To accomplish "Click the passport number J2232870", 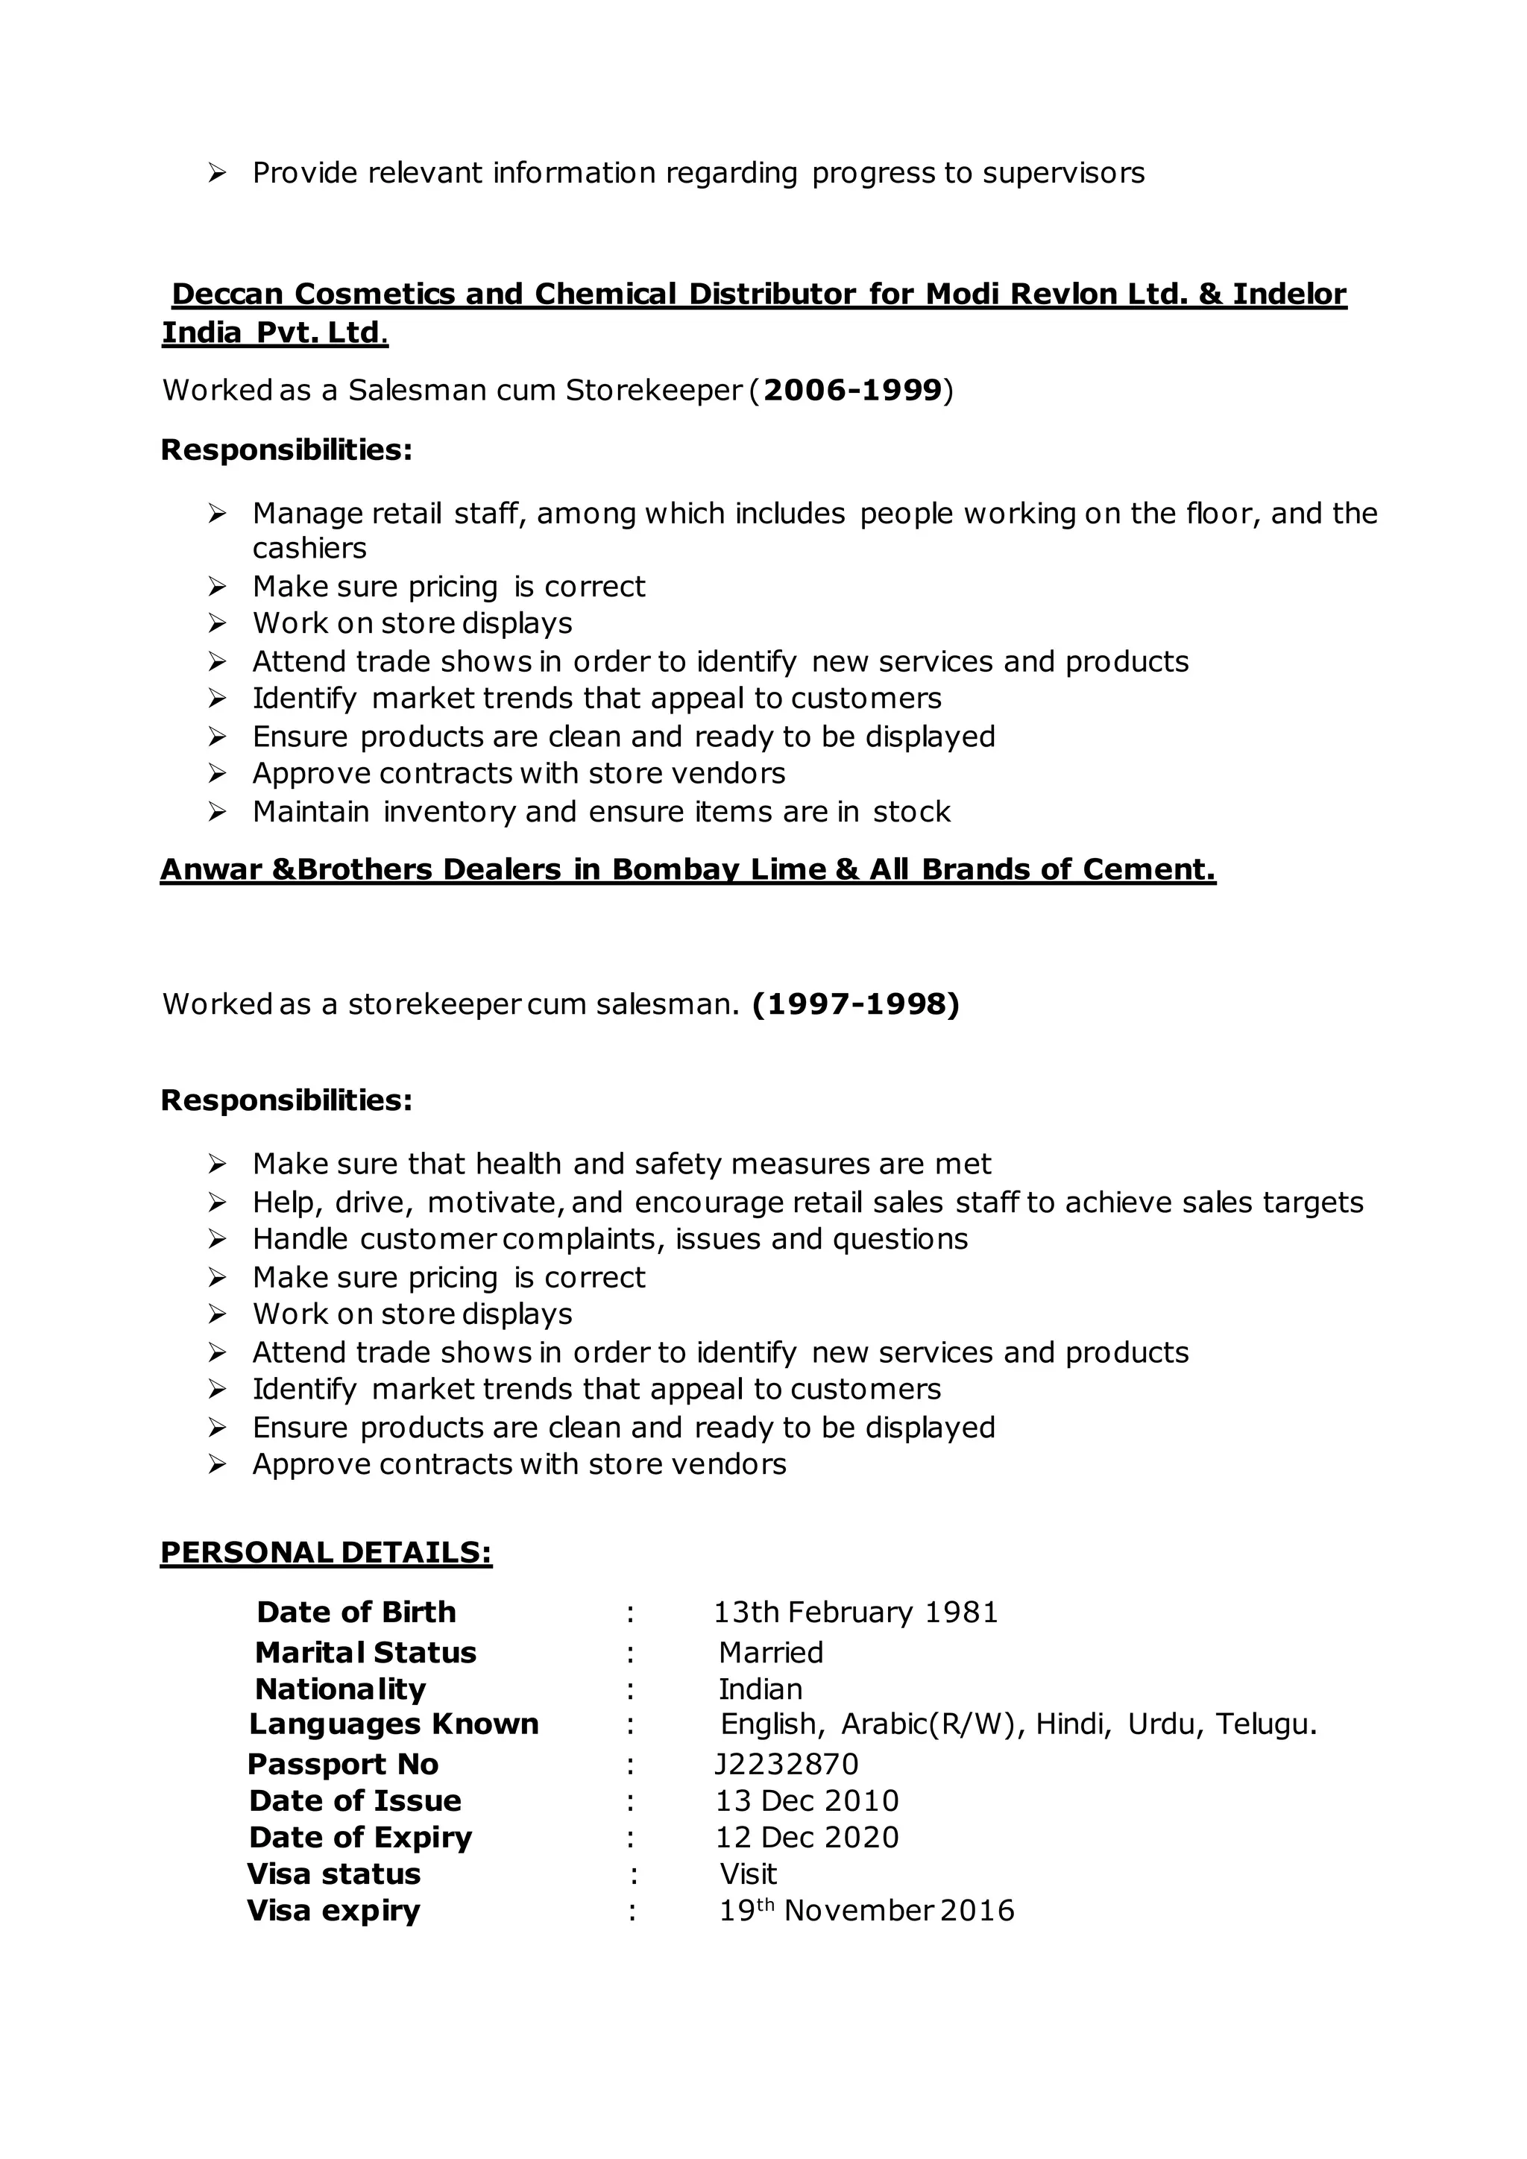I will point(786,1764).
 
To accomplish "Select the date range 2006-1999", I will point(853,390).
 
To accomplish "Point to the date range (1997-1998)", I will point(856,1004).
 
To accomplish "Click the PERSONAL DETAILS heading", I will point(327,1552).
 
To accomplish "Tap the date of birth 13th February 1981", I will point(856,1612).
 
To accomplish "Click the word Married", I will point(771,1652).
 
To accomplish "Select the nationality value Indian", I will point(761,1689).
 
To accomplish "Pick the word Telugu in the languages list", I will point(1265,1724).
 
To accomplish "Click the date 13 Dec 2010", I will point(807,1800).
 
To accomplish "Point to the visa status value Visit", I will point(749,1874).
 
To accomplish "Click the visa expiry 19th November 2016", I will point(866,1911).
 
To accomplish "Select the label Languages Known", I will point(394,1724).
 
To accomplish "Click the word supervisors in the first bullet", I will point(1063,173).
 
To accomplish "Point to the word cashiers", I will point(309,548).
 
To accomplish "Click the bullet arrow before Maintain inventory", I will point(217,812).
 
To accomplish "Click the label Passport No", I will point(343,1764).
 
